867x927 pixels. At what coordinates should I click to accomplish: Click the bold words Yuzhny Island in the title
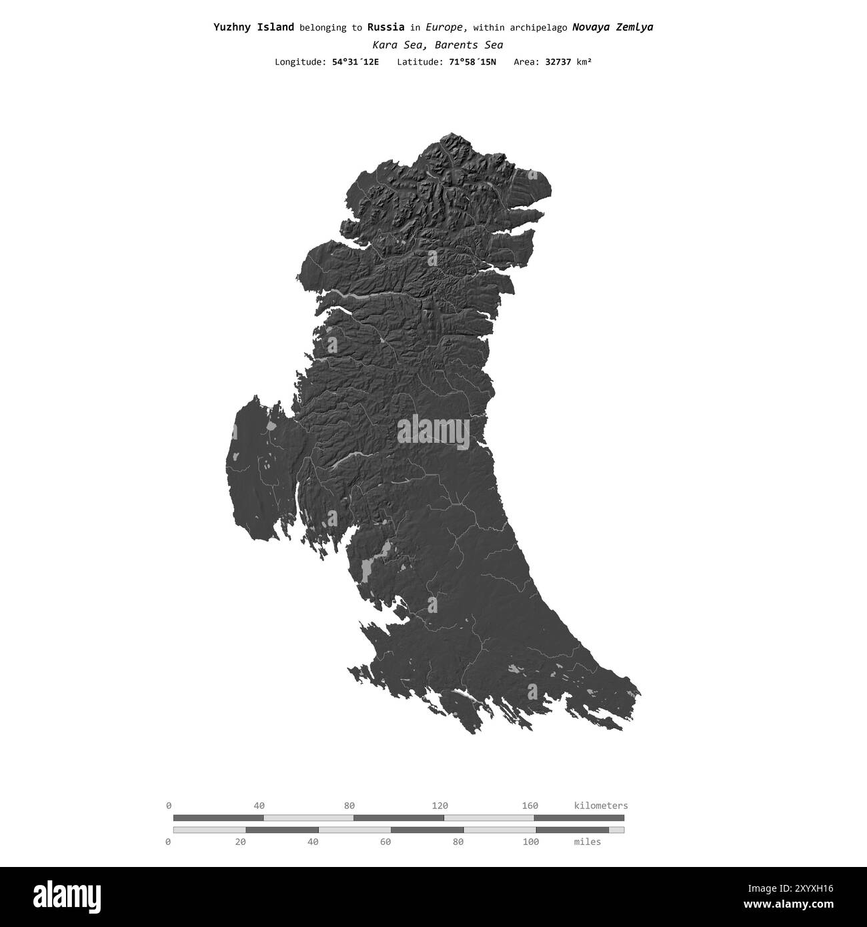click(x=253, y=27)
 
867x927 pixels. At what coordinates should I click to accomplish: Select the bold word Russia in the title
click(x=385, y=27)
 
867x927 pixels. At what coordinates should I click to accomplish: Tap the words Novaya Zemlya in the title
click(x=612, y=27)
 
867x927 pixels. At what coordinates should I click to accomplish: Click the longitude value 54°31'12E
click(x=355, y=62)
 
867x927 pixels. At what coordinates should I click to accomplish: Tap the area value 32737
click(x=559, y=62)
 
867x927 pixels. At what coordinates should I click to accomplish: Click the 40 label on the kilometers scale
click(x=259, y=806)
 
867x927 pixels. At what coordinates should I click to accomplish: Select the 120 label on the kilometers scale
click(x=440, y=806)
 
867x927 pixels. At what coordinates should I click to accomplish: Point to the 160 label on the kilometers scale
click(x=530, y=806)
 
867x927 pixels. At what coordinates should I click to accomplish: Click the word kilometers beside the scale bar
click(x=600, y=806)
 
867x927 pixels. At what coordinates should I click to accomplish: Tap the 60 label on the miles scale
click(x=385, y=842)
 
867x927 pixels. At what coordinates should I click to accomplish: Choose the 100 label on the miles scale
click(x=530, y=842)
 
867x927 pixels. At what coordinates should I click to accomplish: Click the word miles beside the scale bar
click(x=587, y=842)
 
